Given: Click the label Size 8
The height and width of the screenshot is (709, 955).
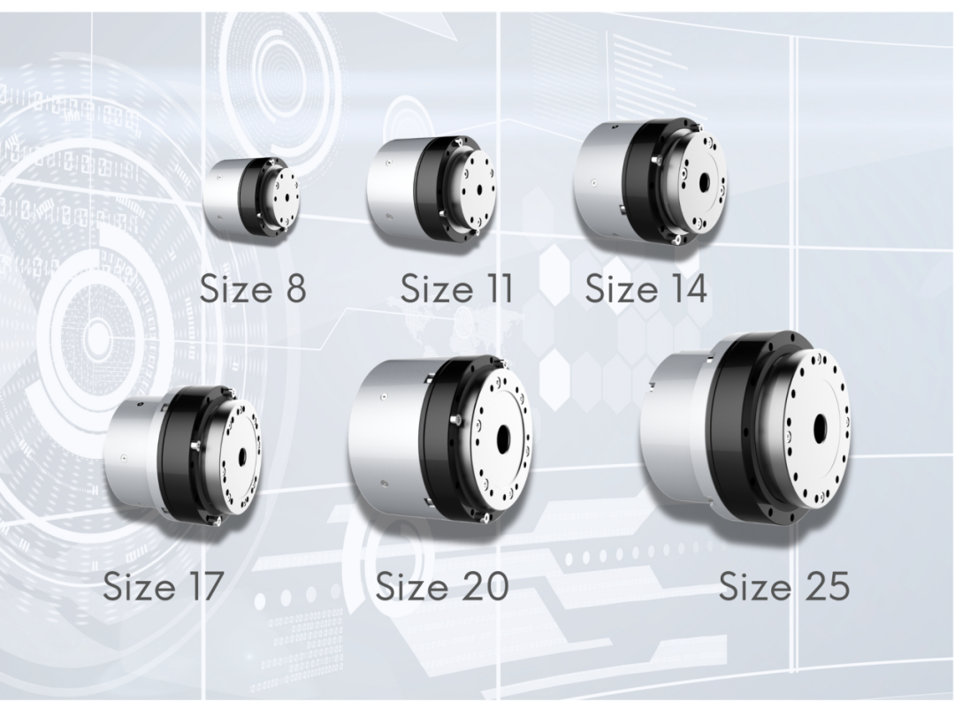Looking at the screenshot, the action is tap(253, 288).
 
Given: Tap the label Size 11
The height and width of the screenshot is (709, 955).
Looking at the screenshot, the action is tap(457, 288).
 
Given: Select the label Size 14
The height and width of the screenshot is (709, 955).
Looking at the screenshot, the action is tap(646, 288).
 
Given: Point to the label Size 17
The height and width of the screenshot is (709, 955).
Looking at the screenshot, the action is tap(164, 585).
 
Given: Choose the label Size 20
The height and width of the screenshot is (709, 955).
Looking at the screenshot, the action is tap(441, 585).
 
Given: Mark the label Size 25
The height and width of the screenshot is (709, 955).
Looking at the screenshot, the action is tap(783, 585).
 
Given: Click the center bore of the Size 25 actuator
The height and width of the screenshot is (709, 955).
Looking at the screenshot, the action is tap(818, 425).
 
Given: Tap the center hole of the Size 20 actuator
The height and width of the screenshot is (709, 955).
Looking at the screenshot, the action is tap(503, 438).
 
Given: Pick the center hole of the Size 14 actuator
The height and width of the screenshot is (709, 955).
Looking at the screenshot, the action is tap(705, 181).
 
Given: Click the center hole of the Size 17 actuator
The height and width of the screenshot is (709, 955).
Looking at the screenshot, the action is tap(243, 455).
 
